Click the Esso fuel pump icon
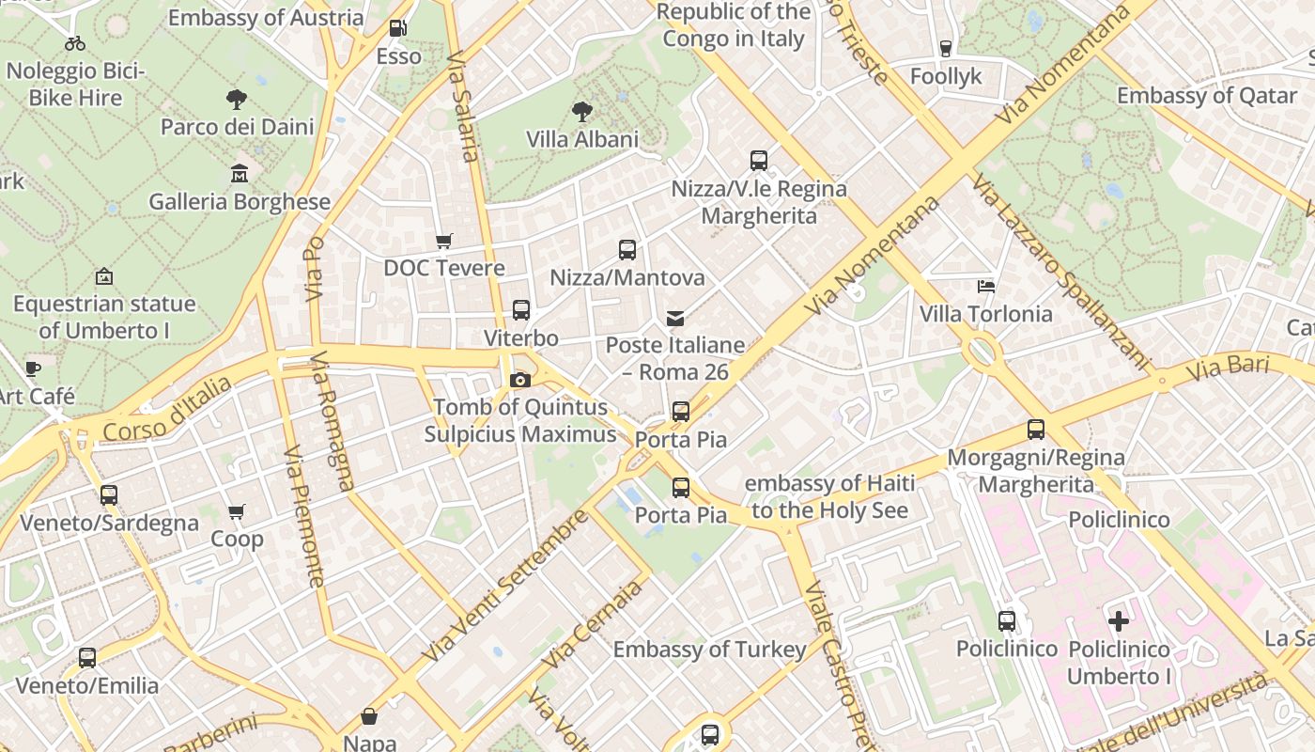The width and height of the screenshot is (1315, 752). pos(397,29)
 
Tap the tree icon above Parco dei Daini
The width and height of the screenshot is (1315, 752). pos(237,99)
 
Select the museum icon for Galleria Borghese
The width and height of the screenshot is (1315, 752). pos(239,174)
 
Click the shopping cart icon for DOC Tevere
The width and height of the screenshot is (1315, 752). pos(444,242)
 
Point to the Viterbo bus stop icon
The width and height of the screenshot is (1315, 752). pos(520,310)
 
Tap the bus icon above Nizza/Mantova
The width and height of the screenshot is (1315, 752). pos(627,250)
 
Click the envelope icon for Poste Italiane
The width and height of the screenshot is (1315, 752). pos(674,319)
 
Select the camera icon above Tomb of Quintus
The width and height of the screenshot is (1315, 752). pos(519,380)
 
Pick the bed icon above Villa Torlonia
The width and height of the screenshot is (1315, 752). pos(985,287)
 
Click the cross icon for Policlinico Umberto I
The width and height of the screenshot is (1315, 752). pos(1118,621)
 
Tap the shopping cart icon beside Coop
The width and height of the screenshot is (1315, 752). pos(237,512)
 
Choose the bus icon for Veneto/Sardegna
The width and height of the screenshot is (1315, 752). pos(109,495)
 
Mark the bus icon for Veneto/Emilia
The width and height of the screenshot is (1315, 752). pos(87,658)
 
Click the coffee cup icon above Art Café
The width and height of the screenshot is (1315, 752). pos(34,368)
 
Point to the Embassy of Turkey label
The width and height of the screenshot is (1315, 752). pos(709,650)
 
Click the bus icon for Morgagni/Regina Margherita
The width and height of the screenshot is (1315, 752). pos(1035,430)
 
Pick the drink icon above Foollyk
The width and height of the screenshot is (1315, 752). pos(945,49)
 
